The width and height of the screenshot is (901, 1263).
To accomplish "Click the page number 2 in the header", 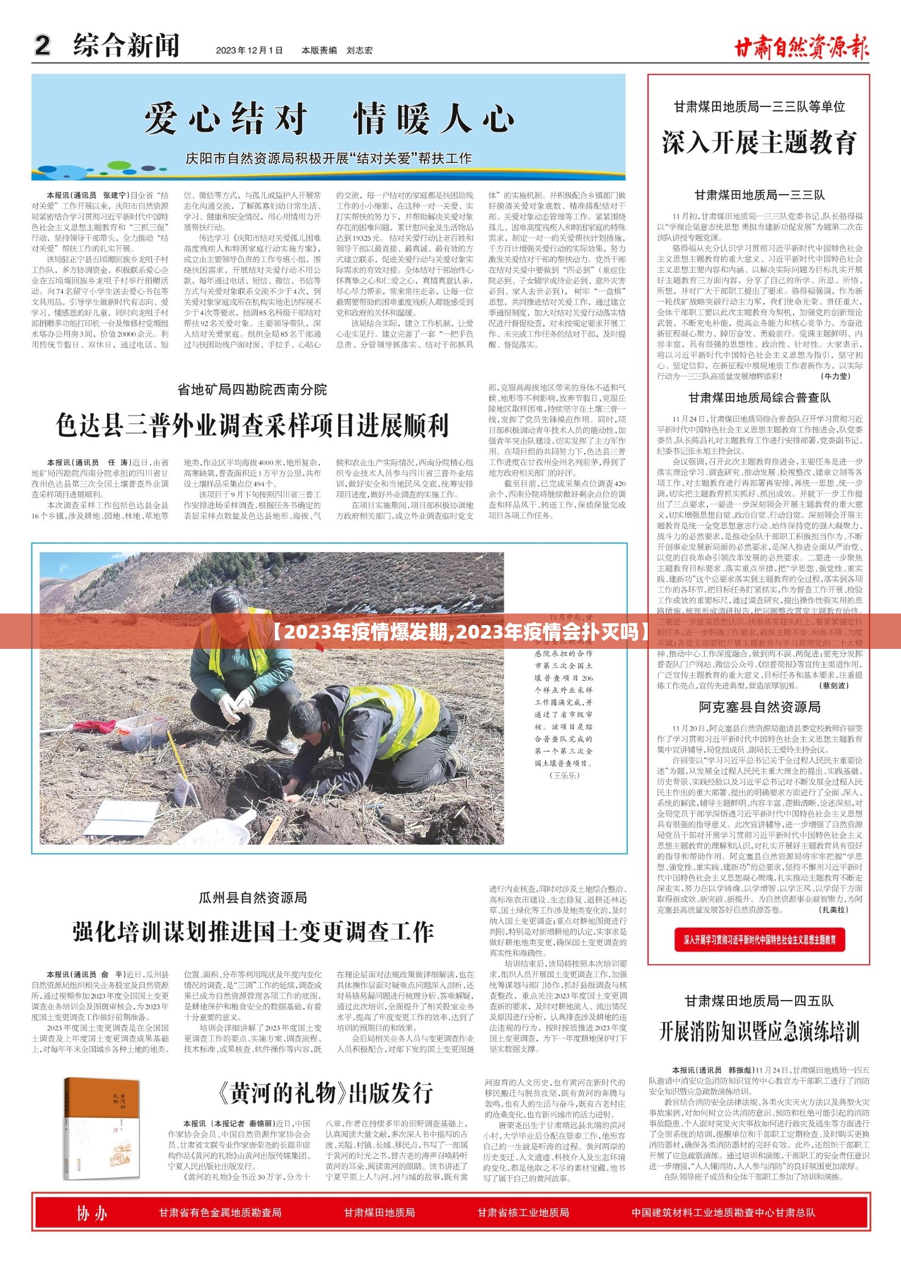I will (x=43, y=46).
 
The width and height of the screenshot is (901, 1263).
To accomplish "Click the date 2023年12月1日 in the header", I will (x=249, y=50).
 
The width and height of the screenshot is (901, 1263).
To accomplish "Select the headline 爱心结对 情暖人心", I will (x=328, y=119).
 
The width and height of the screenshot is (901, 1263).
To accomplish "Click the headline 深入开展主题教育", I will (x=759, y=142).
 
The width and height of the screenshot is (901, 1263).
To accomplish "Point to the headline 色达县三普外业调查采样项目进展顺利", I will (x=252, y=425).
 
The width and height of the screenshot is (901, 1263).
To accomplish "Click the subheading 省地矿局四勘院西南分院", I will (x=252, y=390).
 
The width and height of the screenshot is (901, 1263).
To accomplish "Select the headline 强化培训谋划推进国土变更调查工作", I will (x=253, y=932).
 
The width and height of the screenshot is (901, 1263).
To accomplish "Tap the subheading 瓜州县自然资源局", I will (x=253, y=898).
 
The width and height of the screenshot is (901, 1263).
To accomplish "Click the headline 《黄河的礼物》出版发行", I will (x=324, y=1092).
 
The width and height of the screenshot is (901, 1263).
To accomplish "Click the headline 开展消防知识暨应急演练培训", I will (x=759, y=1031).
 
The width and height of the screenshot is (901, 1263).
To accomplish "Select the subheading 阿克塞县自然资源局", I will (x=759, y=707).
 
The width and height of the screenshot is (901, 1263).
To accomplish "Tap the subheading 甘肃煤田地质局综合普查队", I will (x=759, y=397).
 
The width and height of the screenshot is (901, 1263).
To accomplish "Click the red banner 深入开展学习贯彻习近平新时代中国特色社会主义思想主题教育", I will (x=759, y=939).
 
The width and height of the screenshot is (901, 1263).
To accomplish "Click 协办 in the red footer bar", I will (x=92, y=1213).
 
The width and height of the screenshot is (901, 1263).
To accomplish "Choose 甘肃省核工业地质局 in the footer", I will (x=523, y=1213).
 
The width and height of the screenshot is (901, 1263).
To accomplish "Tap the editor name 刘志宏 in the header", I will (x=359, y=50).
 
